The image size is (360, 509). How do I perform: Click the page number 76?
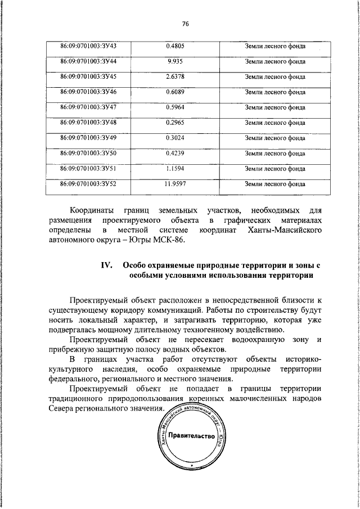coord(185,23)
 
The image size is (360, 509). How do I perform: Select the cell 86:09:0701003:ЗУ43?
coord(88,45)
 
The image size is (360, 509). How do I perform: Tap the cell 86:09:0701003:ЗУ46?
coord(88,91)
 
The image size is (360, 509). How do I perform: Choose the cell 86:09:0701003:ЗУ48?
coord(88,121)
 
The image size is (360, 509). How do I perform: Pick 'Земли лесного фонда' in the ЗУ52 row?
coord(275,183)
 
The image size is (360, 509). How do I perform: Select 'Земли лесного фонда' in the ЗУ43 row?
coord(275,46)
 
